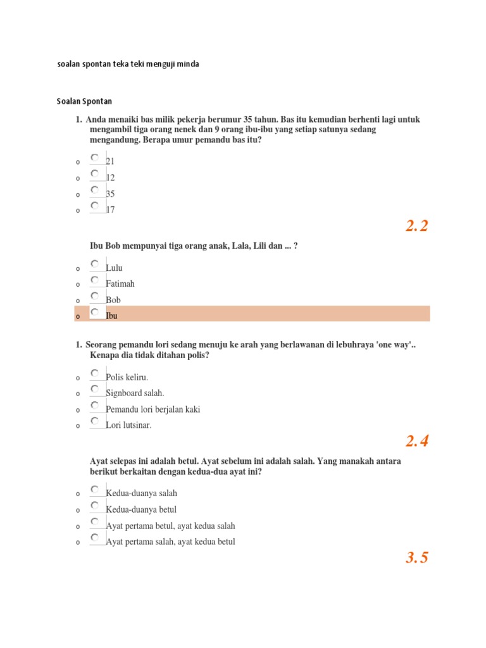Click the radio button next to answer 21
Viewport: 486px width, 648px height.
click(94, 157)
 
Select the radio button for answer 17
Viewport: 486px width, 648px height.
click(94, 205)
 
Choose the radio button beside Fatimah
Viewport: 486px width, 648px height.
click(94, 280)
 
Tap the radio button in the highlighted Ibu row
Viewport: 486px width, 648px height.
click(94, 311)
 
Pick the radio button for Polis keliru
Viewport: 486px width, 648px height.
click(94, 373)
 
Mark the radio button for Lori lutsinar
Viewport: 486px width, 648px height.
click(94, 421)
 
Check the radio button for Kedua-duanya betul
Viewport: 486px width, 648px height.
click(94, 506)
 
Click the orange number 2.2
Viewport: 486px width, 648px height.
click(417, 226)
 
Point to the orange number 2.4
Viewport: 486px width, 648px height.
click(417, 441)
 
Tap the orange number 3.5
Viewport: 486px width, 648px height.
click(417, 558)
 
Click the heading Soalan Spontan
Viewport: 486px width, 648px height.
click(84, 101)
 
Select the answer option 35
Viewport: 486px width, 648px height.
click(111, 194)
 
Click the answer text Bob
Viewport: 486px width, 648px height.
click(113, 300)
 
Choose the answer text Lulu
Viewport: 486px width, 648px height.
click(115, 268)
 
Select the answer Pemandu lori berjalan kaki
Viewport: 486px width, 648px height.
click(153, 409)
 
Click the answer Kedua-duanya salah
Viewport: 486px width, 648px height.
click(142, 494)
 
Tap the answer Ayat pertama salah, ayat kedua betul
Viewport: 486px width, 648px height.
click(171, 542)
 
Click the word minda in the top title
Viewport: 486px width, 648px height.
click(189, 65)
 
